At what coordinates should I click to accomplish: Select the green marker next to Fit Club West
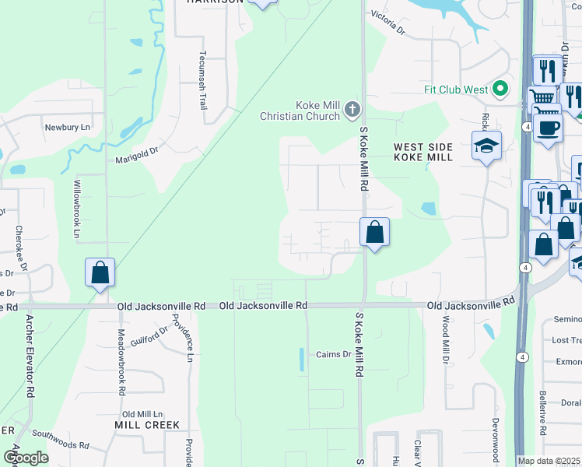point(502,89)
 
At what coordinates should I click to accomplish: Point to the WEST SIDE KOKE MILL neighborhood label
point(422,152)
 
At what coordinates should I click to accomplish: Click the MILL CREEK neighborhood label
point(147,425)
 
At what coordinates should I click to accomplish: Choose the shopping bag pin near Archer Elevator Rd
point(100,273)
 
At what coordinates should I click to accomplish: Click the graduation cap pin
point(487,146)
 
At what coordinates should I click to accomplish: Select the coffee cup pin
point(548,128)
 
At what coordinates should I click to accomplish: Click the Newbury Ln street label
point(68,127)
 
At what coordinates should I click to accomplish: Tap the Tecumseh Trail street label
point(203,76)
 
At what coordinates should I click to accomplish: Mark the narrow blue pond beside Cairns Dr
point(302,360)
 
